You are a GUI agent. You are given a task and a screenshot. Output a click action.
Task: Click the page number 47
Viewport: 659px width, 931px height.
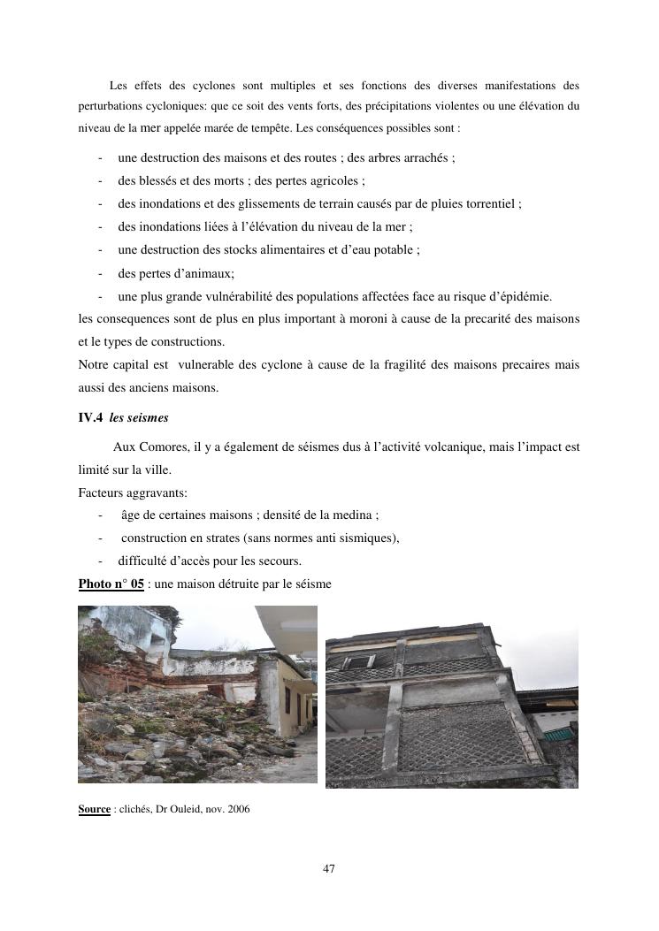[x=329, y=869]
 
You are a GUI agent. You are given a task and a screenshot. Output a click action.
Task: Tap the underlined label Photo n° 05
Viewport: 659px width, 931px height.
[x=111, y=584]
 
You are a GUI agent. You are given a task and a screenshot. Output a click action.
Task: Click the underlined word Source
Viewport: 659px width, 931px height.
[x=94, y=809]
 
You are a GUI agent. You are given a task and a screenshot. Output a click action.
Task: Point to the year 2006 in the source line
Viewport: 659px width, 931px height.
[x=239, y=809]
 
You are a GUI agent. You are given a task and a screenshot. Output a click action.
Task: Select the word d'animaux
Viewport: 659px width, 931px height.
[x=199, y=273]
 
